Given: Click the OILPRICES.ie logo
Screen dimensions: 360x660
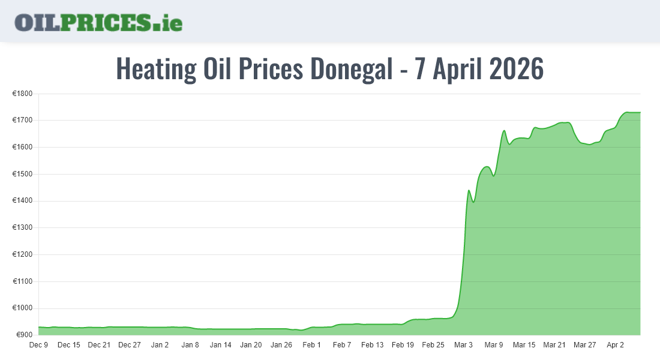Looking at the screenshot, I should [98, 22].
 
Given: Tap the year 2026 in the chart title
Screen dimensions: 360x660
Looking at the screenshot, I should [516, 69].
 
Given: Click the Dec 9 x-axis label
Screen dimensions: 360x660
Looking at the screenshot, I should [38, 345].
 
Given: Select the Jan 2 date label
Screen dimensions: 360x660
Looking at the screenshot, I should [160, 345].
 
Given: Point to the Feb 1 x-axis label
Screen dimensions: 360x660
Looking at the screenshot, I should [311, 345].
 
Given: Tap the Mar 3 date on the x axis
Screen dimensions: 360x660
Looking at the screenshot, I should [463, 345].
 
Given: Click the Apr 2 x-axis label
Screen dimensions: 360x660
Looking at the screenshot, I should [615, 345].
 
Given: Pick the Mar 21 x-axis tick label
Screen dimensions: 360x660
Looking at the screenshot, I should [554, 345].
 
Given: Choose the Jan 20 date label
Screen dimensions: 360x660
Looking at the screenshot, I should [251, 345].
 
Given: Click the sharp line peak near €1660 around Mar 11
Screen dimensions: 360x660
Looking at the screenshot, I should [504, 131].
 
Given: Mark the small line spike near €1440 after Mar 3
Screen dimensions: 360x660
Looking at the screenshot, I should [469, 190].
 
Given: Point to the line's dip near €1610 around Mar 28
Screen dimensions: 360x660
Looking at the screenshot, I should [589, 145].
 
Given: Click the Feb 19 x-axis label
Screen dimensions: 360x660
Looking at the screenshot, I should [403, 345].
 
